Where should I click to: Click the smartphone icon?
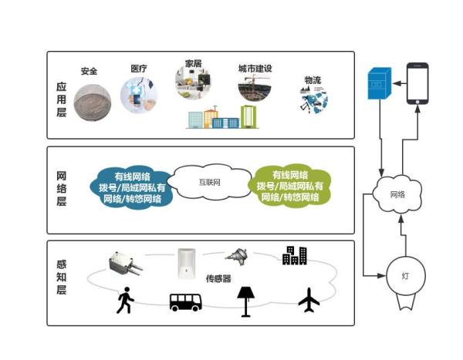point(417,82)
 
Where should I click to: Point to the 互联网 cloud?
point(210,183)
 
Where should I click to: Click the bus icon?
point(186,301)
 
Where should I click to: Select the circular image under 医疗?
point(140,97)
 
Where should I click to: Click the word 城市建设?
point(255,69)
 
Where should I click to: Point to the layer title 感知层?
point(62,279)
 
